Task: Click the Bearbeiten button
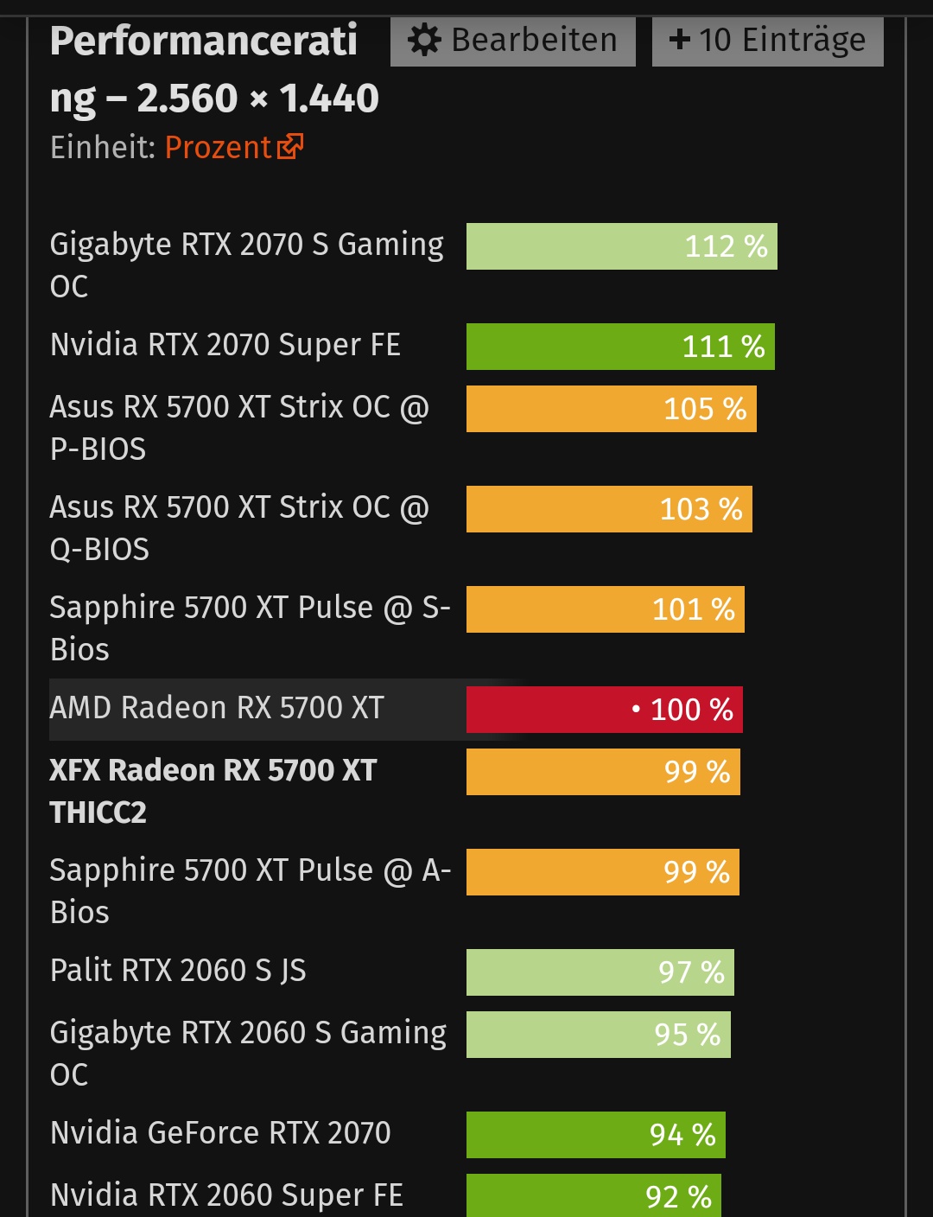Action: click(x=513, y=41)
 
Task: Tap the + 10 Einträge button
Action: click(x=767, y=41)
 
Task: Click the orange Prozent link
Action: click(x=218, y=148)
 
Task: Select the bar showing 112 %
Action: click(x=621, y=246)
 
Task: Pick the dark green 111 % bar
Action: click(x=619, y=347)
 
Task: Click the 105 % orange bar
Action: click(x=611, y=409)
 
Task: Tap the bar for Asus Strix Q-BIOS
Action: click(x=608, y=509)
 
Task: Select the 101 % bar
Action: click(x=605, y=609)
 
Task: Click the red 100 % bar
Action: click(x=604, y=710)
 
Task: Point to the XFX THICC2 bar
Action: click(x=602, y=772)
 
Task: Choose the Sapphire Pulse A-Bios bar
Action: click(x=602, y=872)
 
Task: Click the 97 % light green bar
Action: click(x=600, y=972)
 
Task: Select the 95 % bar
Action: click(x=598, y=1035)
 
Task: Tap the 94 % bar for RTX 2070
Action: click(x=595, y=1135)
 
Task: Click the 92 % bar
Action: click(x=593, y=1196)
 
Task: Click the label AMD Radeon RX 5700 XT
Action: click(x=217, y=708)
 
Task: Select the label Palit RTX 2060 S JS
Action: click(x=178, y=971)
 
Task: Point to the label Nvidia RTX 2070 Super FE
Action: click(x=225, y=345)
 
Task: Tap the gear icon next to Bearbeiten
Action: click(x=424, y=40)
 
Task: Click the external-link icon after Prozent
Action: click(x=290, y=147)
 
